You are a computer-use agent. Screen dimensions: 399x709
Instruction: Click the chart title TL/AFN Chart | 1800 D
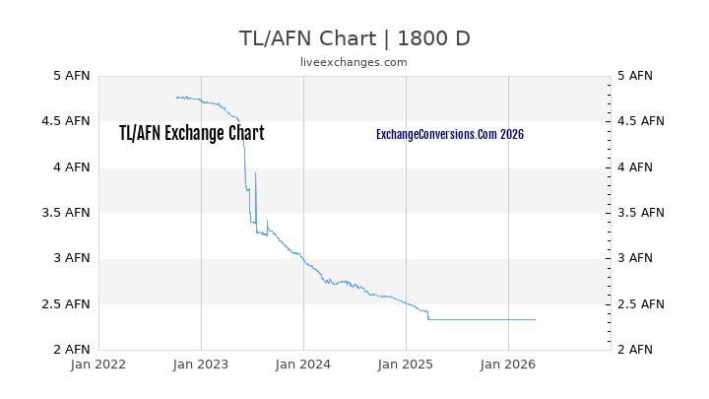(x=354, y=38)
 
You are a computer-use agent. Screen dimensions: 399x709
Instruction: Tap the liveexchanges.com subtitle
(x=354, y=62)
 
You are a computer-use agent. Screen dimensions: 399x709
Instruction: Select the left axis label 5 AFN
(x=71, y=76)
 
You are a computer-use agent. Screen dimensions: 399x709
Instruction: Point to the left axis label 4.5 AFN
(x=67, y=121)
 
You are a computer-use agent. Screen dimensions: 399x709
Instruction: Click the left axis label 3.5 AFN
(x=67, y=213)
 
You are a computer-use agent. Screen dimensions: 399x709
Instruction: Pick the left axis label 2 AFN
(x=71, y=350)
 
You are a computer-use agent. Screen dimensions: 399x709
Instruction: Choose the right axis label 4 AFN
(x=634, y=167)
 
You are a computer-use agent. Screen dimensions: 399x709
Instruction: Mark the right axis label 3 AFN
(x=634, y=258)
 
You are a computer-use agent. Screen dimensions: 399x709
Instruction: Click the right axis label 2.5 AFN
(x=640, y=304)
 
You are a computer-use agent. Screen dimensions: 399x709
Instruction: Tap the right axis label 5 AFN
(x=634, y=76)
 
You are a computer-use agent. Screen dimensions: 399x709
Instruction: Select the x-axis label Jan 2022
(x=98, y=365)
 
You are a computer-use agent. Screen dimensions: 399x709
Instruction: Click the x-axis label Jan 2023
(x=201, y=365)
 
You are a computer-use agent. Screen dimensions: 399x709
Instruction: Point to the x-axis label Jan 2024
(x=303, y=365)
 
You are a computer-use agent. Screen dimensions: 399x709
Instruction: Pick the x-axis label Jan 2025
(x=406, y=365)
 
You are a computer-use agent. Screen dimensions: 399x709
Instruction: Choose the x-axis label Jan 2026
(x=508, y=365)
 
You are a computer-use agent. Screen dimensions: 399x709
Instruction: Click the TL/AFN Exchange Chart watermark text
(x=191, y=134)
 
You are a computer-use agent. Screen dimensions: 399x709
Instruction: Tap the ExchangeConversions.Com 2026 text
(x=450, y=134)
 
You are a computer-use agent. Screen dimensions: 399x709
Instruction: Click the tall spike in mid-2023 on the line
(x=255, y=173)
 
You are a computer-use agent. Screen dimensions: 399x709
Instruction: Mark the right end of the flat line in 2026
(x=535, y=319)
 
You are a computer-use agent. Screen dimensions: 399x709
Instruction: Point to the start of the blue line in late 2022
(x=176, y=98)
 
